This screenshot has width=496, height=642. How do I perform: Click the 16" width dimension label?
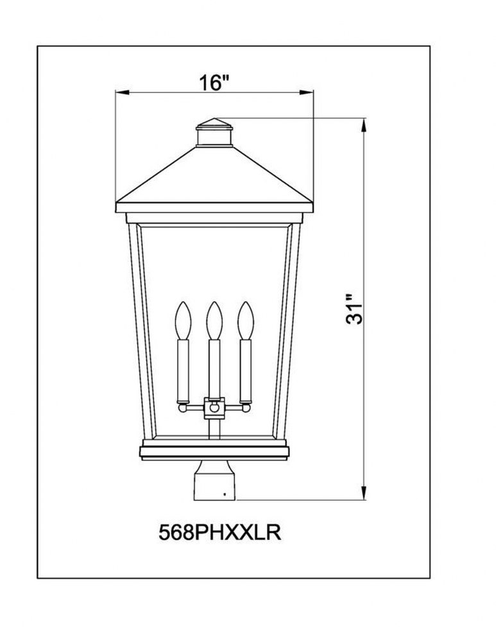[x=213, y=83]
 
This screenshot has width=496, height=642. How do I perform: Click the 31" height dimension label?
[x=354, y=309]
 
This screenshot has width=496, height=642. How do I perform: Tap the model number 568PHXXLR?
[x=219, y=533]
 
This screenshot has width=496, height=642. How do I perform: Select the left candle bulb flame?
[x=183, y=320]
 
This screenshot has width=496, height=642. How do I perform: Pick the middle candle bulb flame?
[x=214, y=320]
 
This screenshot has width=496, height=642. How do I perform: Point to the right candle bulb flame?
[x=246, y=320]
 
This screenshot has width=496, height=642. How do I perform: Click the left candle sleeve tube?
[x=183, y=370]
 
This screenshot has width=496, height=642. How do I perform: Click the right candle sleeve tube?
[x=246, y=370]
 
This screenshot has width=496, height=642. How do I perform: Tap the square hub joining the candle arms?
[x=214, y=408]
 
